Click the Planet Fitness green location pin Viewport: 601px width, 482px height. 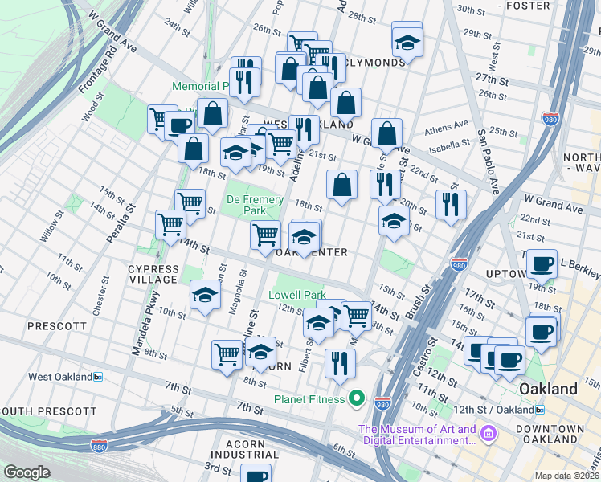click(358, 399)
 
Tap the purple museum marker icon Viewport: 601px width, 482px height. click(489, 435)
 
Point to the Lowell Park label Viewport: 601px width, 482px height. click(297, 295)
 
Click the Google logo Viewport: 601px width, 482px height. click(27, 472)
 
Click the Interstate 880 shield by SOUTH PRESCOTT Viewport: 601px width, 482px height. click(100, 444)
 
